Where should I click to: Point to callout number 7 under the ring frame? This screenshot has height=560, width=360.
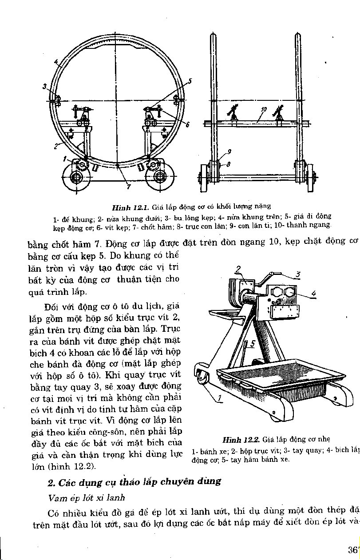click(128, 187)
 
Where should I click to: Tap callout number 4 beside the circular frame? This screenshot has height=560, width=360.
click(56, 62)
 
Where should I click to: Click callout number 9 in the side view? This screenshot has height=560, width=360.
click(229, 152)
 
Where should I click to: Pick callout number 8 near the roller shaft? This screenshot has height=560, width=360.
click(228, 164)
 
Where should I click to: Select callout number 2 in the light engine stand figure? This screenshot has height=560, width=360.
click(238, 269)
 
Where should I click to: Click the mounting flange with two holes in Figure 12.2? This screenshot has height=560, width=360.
click(284, 294)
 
